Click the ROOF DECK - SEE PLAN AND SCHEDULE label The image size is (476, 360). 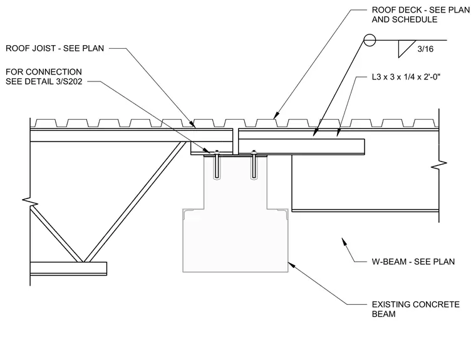click(421, 14)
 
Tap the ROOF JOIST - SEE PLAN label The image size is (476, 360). click(55, 48)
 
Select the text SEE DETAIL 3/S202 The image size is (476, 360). click(44, 81)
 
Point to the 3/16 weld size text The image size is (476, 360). click(425, 49)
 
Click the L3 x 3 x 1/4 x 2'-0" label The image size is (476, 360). click(406, 77)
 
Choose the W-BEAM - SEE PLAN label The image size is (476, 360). click(413, 262)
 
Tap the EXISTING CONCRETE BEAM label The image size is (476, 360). click(416, 309)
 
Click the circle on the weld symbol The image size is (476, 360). click(370, 40)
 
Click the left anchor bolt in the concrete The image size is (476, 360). click(217, 164)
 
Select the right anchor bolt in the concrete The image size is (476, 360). click(254, 164)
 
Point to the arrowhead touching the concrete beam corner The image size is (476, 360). click(291, 265)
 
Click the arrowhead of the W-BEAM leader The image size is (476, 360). click(344, 241)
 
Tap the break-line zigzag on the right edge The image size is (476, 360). click(439, 165)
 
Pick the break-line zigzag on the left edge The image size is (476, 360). click(30, 202)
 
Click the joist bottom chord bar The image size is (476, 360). click(69, 269)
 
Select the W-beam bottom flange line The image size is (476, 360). click(365, 210)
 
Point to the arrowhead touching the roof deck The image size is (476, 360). click(276, 115)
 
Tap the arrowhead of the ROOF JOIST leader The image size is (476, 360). click(192, 123)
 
